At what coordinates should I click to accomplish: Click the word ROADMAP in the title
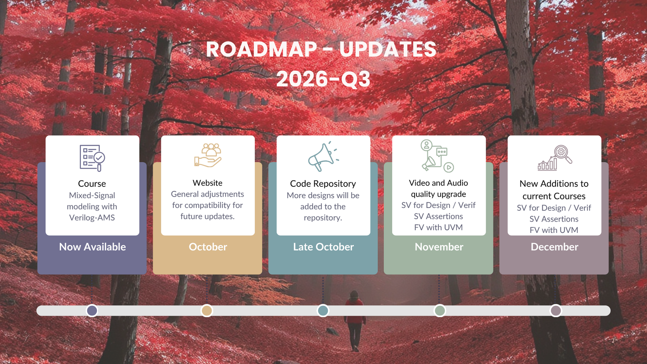(262, 49)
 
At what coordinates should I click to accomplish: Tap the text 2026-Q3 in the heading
(323, 79)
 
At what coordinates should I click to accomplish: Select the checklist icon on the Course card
(93, 158)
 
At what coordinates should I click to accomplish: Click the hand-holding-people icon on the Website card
(208, 155)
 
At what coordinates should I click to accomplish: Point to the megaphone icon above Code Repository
(323, 156)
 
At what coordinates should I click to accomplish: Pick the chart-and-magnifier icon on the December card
(554, 158)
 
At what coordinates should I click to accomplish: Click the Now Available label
(93, 247)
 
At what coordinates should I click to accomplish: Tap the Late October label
(323, 247)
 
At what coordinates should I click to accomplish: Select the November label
(439, 247)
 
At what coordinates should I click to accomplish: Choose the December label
(554, 247)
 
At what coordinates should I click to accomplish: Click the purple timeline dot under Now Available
(92, 311)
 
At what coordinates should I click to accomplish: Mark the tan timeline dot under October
(207, 311)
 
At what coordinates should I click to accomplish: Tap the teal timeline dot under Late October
(323, 311)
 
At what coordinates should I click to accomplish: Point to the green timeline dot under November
(440, 311)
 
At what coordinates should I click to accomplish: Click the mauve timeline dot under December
(556, 311)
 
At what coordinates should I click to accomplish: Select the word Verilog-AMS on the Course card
(92, 218)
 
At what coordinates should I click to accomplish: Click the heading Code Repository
(323, 184)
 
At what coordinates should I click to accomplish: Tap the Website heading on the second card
(208, 183)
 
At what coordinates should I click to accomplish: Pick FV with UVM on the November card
(438, 227)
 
